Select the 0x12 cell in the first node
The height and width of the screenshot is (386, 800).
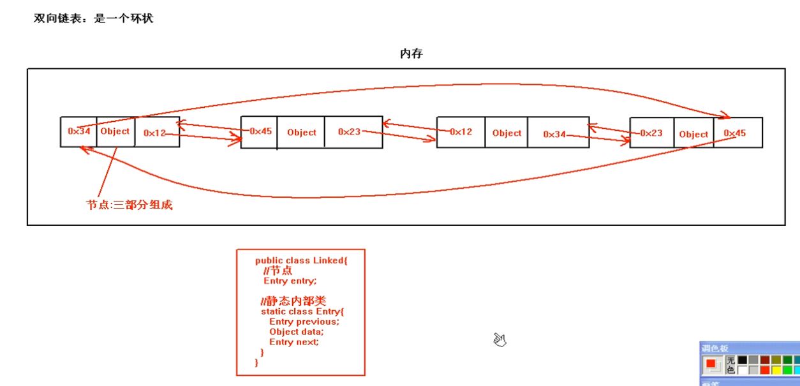click(156, 133)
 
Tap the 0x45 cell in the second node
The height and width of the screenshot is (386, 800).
click(260, 132)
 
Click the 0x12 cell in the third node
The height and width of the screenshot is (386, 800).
click(461, 132)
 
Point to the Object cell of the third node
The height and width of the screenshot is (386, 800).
click(507, 133)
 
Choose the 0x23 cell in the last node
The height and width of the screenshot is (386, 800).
click(652, 133)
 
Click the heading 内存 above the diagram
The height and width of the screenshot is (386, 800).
click(411, 54)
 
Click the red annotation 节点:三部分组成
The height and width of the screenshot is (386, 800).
click(130, 205)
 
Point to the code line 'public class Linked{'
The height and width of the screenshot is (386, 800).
click(301, 260)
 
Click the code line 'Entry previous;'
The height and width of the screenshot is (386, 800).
click(304, 322)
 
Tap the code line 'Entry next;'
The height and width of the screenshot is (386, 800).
click(293, 342)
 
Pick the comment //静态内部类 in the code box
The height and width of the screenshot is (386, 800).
click(293, 301)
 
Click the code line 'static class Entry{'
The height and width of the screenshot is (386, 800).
click(302, 311)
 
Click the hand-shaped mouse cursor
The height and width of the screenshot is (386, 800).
click(500, 340)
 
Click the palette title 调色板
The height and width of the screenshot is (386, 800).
click(715, 348)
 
